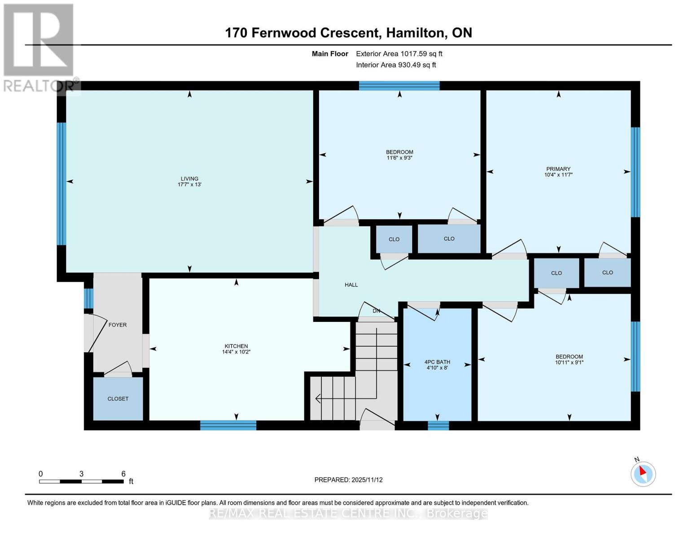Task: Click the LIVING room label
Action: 189,178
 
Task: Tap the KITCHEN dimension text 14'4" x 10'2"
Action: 237,352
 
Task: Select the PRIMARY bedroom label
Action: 558,169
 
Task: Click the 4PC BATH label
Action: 437,362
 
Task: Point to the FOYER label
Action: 118,325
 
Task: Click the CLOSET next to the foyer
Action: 118,399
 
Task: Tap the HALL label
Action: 351,285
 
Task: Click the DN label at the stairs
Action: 376,311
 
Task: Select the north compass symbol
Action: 643,473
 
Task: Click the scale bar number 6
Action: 123,474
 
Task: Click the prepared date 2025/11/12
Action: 367,480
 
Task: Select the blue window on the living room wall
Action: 61,184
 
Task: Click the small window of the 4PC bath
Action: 438,425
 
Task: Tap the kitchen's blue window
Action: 228,425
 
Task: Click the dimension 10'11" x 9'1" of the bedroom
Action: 569,362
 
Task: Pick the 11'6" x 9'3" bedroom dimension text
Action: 399,158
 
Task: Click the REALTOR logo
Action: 39,47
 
